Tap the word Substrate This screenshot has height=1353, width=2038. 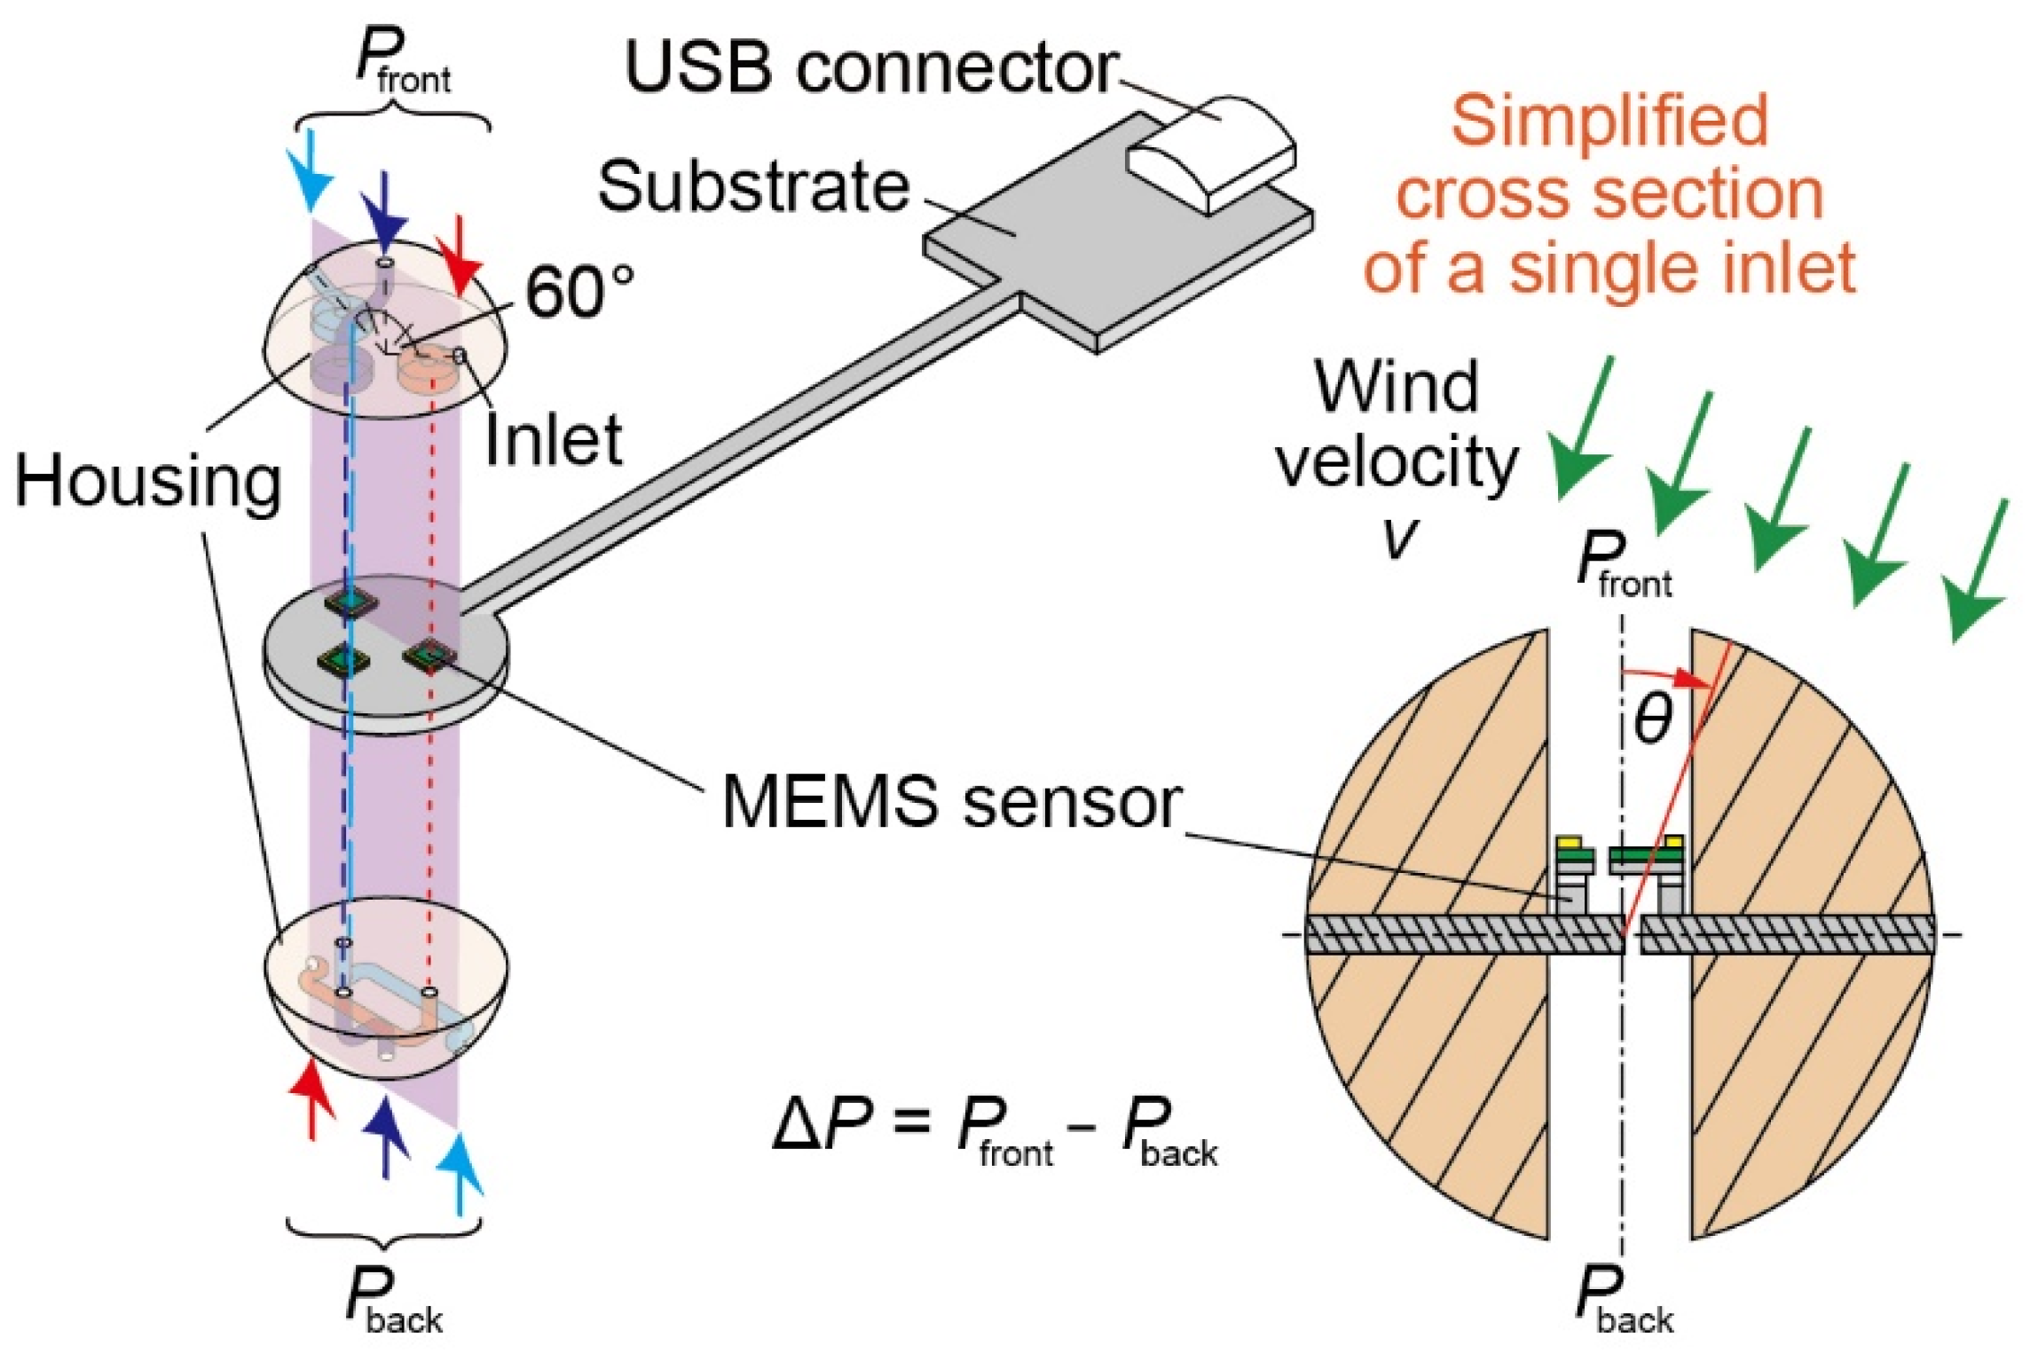753,186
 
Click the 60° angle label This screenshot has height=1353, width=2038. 579,292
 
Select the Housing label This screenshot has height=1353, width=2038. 147,481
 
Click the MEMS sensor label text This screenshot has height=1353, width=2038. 950,802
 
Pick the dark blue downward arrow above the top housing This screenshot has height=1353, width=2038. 383,213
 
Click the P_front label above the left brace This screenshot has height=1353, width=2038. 401,58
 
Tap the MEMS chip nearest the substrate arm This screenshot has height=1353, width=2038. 430,655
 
